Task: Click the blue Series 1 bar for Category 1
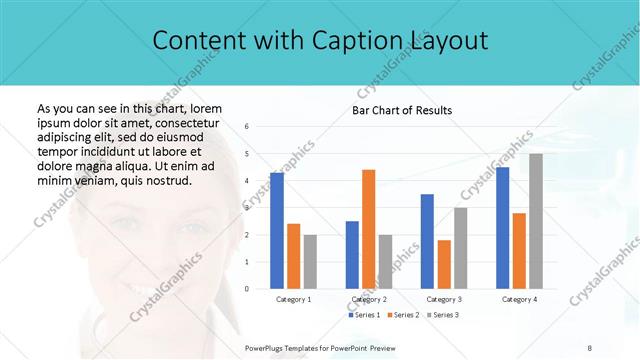click(277, 231)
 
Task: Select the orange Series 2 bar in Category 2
click(368, 229)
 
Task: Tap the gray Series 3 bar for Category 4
click(536, 221)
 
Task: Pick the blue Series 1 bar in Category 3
click(427, 241)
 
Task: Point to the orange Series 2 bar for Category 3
click(444, 264)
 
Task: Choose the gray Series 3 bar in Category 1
click(310, 262)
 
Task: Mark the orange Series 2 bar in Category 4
click(519, 251)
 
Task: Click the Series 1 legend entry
click(364, 315)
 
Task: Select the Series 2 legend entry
click(403, 315)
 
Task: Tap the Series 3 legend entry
click(443, 315)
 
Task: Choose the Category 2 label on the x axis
click(368, 299)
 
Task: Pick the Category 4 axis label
click(519, 299)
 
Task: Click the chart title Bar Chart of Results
click(402, 110)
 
